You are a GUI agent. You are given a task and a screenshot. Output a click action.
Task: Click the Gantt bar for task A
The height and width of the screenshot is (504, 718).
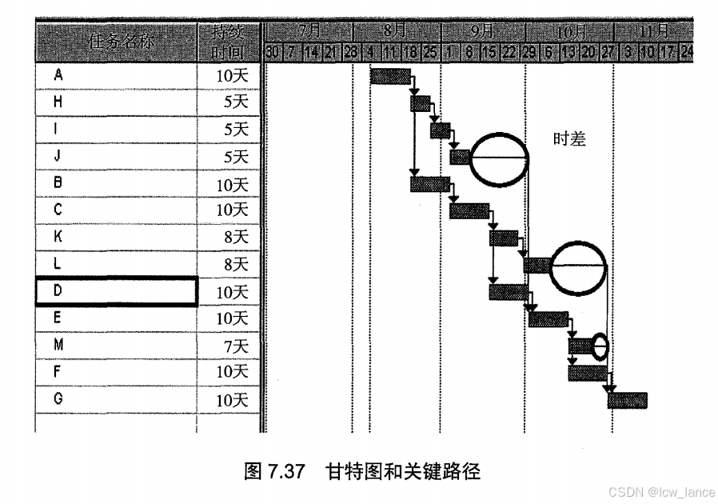coord(390,76)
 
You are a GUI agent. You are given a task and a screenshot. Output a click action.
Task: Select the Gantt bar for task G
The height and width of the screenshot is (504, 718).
coord(628,400)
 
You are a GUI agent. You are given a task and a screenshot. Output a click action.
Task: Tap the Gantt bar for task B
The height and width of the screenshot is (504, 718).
coord(429,184)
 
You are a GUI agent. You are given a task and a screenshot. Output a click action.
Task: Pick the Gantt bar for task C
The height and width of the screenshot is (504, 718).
coord(469,211)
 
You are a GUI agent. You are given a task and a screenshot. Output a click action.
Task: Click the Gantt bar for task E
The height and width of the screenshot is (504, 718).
coord(548,319)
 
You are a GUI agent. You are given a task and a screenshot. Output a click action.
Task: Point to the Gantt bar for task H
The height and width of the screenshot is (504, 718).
coord(420,103)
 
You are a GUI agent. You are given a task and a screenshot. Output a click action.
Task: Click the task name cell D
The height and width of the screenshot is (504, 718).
coord(117,291)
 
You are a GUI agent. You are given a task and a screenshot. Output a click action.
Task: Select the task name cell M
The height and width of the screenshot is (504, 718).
coord(117,345)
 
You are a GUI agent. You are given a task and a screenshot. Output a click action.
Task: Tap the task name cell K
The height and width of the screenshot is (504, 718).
coord(117,237)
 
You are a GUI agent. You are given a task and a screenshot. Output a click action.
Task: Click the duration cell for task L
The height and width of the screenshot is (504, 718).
coord(230,264)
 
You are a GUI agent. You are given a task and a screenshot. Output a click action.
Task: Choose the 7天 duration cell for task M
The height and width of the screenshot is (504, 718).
coord(230,345)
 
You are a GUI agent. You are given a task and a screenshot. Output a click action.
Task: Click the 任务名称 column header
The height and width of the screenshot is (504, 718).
coord(117,39)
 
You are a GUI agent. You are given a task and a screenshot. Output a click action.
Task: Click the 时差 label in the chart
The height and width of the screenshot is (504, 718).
coord(570,140)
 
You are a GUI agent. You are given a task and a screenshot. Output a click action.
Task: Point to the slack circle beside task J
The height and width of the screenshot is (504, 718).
coord(500,158)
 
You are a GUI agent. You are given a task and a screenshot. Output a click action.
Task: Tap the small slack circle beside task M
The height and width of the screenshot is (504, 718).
coord(600,346)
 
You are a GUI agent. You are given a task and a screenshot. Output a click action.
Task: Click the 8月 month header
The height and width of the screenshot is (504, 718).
coord(394,31)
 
